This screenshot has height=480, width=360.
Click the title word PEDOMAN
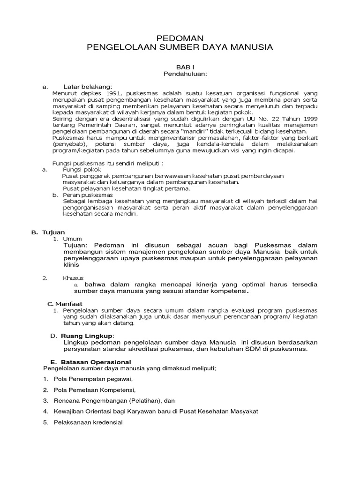point(180,38)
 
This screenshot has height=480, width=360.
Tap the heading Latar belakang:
point(88,87)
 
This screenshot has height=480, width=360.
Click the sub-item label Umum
point(73,239)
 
